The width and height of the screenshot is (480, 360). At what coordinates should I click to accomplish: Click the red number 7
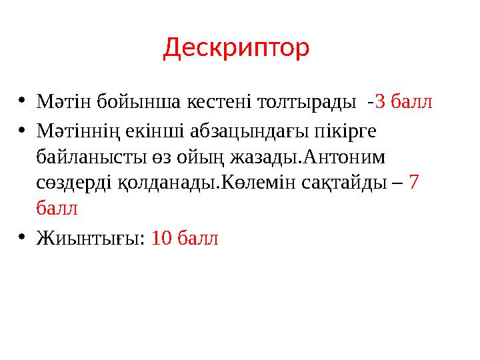click(x=413, y=183)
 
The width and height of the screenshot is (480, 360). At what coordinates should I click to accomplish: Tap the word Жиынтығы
click(x=90, y=238)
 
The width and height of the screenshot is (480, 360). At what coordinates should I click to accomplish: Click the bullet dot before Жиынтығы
click(x=21, y=237)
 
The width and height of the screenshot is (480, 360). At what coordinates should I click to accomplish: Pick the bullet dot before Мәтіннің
click(x=21, y=130)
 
